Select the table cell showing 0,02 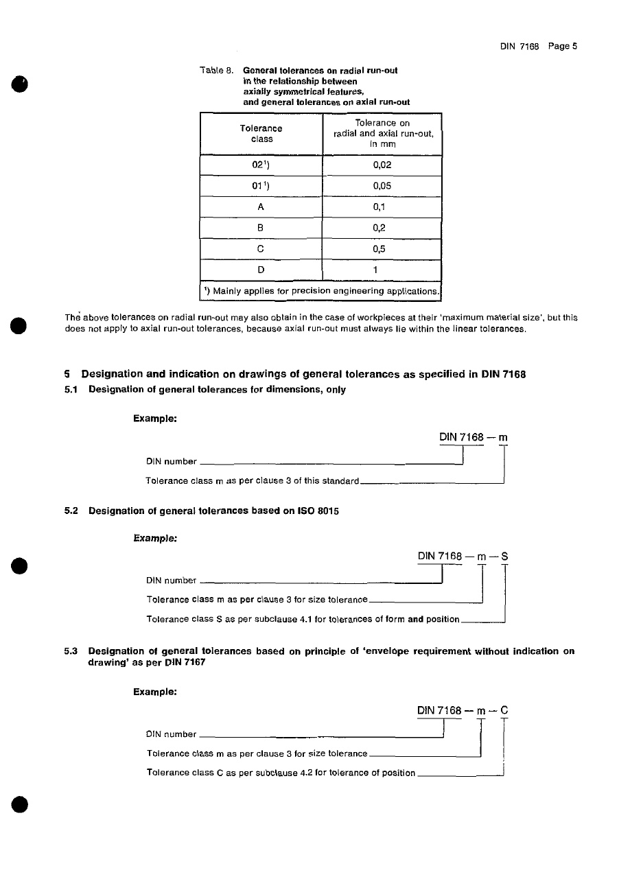[x=382, y=165]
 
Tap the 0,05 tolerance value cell [x=382, y=186]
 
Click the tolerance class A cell [x=261, y=207]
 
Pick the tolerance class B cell [x=261, y=228]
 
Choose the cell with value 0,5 [x=382, y=249]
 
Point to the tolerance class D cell [x=261, y=270]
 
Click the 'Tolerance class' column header [x=261, y=133]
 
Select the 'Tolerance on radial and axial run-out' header [x=382, y=133]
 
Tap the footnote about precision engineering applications [x=320, y=291]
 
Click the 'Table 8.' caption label [x=218, y=70]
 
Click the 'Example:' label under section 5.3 [x=155, y=692]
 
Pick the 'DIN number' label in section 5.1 [x=172, y=461]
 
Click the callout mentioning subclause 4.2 [x=281, y=773]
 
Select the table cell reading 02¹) [x=261, y=165]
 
